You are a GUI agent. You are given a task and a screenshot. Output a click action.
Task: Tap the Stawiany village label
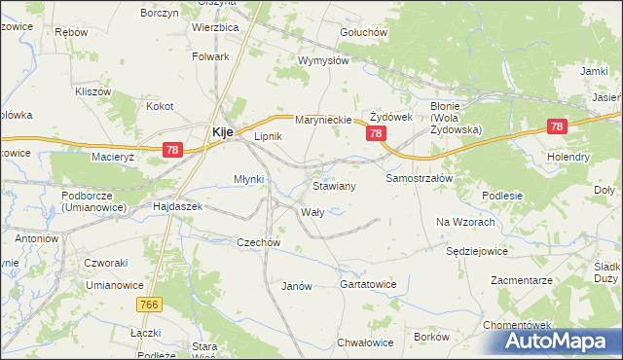pos(334,185)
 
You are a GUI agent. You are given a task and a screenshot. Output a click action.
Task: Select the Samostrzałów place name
pos(420,180)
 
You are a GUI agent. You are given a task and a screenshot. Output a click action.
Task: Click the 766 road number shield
pos(150,305)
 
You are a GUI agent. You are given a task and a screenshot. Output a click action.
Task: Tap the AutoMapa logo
pos(559,341)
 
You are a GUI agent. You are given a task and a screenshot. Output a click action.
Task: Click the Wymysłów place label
pos(323,60)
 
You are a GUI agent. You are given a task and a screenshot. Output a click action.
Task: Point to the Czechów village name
pos(259,242)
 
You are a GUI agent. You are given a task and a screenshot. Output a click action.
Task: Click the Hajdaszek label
pos(177,207)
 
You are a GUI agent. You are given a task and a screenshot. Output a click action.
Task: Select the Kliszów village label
pos(94,91)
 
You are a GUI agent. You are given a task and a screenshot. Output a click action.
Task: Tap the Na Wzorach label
pos(466,222)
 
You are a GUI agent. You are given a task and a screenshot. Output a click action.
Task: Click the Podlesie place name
pos(502,196)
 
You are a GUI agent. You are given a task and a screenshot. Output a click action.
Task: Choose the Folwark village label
pos(210,56)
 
